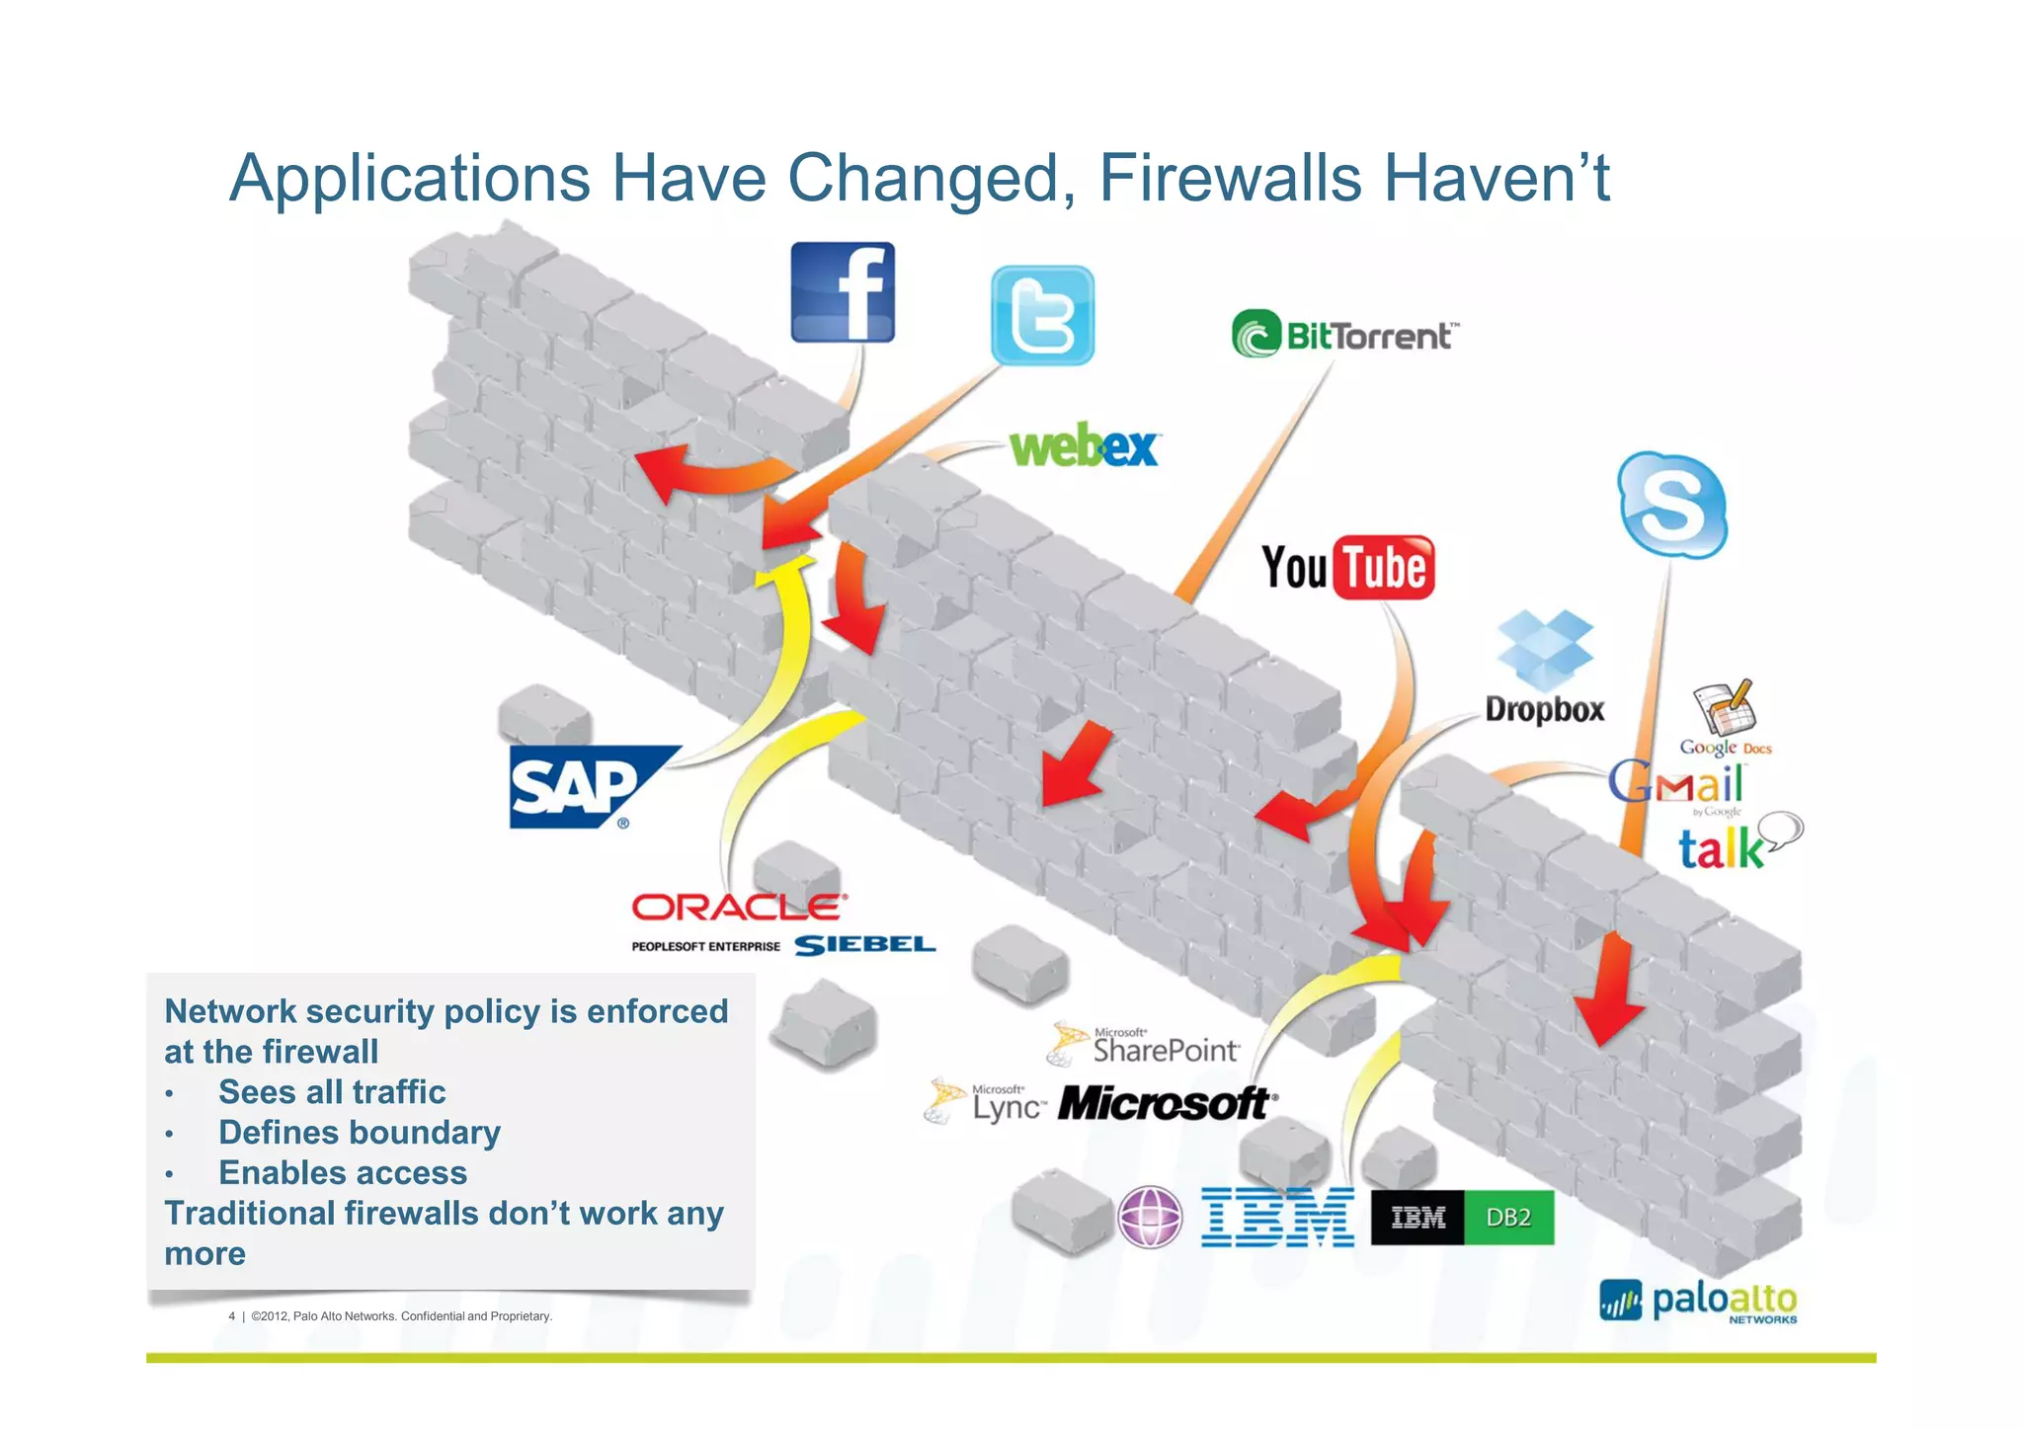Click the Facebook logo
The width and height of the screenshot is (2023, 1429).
click(843, 292)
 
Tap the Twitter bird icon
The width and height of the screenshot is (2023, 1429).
click(1042, 315)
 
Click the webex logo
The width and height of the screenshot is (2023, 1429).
click(1084, 446)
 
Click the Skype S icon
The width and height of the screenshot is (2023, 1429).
click(1671, 505)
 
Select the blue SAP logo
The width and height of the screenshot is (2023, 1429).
click(583, 787)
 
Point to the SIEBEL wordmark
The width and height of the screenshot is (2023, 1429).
click(864, 945)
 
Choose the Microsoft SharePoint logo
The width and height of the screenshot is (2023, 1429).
click(1146, 1045)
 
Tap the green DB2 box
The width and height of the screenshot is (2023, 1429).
click(1508, 1217)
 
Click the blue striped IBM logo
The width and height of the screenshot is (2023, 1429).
click(1277, 1217)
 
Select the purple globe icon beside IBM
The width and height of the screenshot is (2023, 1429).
click(1150, 1217)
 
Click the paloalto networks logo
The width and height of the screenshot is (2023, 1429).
click(1699, 1301)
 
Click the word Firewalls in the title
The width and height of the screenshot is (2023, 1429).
click(1231, 179)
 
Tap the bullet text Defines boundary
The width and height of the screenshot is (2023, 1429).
click(359, 1132)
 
